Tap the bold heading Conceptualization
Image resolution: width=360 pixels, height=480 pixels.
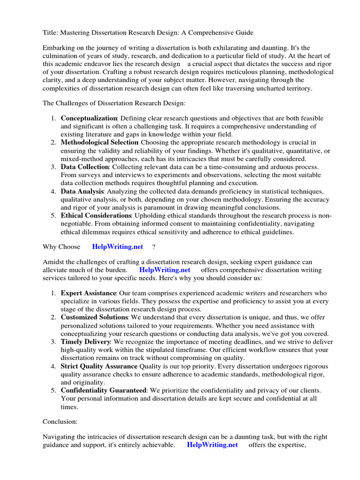[x=89, y=118]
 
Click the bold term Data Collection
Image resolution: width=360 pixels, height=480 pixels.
[x=85, y=167]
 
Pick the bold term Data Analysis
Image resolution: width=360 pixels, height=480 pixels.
[x=82, y=191]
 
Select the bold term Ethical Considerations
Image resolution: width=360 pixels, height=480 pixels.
[x=96, y=215]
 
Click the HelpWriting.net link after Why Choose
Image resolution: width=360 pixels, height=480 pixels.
[x=118, y=247]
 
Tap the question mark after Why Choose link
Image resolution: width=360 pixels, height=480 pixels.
[x=154, y=247]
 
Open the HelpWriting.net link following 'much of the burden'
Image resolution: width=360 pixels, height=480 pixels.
[x=165, y=270]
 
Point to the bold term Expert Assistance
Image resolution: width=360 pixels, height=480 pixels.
[x=89, y=293]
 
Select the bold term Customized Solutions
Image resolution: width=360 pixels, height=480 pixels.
[x=94, y=317]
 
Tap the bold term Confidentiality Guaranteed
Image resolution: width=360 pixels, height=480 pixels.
[x=104, y=390]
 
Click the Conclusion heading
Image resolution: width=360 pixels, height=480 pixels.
[x=60, y=421]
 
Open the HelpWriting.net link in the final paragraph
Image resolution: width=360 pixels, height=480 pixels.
[x=212, y=444]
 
